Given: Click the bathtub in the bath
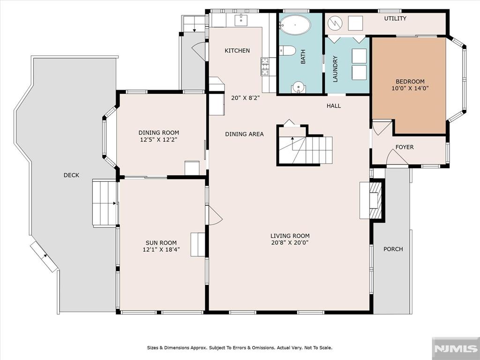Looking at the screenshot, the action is [x=295, y=24].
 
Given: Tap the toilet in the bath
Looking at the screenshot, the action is [x=287, y=51].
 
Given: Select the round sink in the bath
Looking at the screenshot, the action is [x=299, y=87].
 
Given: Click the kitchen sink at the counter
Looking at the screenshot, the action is [x=241, y=20].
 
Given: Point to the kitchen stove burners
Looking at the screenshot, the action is [x=265, y=67].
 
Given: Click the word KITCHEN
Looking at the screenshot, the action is [x=237, y=51].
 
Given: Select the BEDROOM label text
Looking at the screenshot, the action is [x=410, y=82].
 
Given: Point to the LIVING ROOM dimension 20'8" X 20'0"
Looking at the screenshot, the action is [x=290, y=243].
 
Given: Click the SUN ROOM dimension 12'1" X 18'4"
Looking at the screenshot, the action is [x=161, y=250].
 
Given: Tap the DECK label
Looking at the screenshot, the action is [x=71, y=175].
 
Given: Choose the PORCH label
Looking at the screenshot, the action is [x=393, y=249].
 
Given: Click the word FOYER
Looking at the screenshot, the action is [x=405, y=147].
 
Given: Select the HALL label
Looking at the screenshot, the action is [x=334, y=106].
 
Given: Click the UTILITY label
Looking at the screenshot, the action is [x=395, y=18].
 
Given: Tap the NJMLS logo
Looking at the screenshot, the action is [x=456, y=348].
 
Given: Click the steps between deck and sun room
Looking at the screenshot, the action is [x=105, y=203].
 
